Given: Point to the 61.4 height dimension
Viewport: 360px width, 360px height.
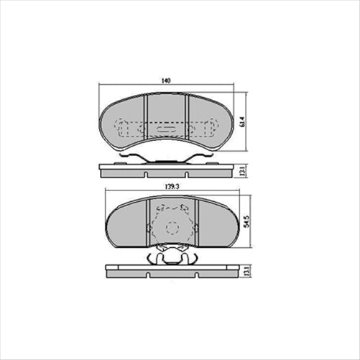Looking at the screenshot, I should click(x=242, y=123).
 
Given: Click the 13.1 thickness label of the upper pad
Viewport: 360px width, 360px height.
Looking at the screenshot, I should click(x=242, y=171).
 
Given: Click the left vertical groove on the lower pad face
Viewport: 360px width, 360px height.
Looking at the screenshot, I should click(x=148, y=224).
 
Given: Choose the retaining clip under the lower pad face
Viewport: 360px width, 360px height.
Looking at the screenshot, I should click(x=170, y=254).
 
